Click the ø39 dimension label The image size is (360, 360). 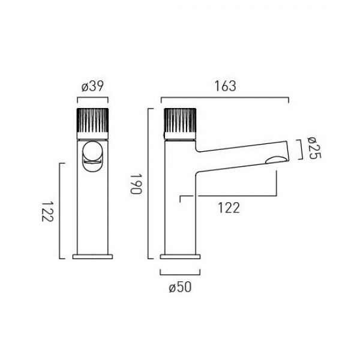[92, 86]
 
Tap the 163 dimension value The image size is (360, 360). [225, 86]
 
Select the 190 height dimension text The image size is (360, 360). [136, 184]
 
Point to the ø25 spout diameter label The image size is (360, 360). [314, 148]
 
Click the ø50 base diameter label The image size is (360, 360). [180, 287]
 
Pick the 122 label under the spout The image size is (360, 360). [229, 208]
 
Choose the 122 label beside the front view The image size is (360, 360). [48, 212]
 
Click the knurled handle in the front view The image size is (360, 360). [92, 121]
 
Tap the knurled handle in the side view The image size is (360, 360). [180, 121]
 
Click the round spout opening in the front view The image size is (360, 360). [92, 151]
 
